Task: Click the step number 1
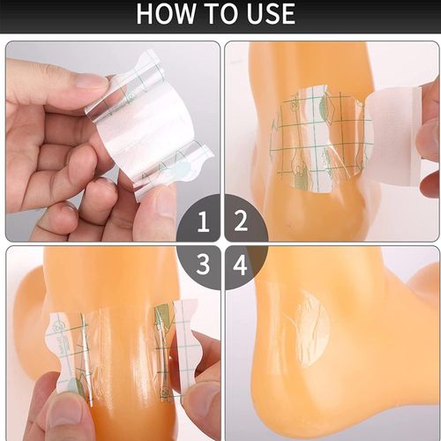coord(204,224)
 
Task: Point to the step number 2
coord(238,224)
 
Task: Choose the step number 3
coord(204,264)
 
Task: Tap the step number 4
coord(238,264)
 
